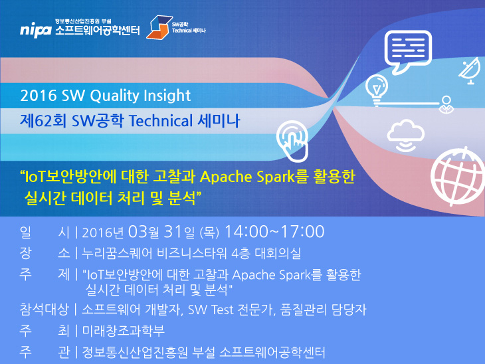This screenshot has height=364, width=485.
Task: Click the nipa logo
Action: pyautogui.click(x=36, y=30)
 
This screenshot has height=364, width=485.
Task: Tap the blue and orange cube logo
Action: pyautogui.click(x=159, y=27)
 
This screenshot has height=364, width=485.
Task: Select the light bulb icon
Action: pyautogui.click(x=377, y=90)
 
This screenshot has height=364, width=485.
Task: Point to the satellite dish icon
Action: pyautogui.click(x=470, y=72)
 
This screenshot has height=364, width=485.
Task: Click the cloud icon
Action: pyautogui.click(x=405, y=136)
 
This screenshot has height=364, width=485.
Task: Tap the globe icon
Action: pyautogui.click(x=458, y=177)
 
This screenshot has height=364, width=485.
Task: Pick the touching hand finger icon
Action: pyautogui.click(x=292, y=141)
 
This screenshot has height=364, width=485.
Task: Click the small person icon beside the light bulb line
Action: pyautogui.click(x=446, y=105)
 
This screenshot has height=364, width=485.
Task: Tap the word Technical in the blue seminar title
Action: pyautogui.click(x=161, y=120)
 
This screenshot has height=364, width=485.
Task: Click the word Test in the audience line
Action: pyautogui.click(x=222, y=310)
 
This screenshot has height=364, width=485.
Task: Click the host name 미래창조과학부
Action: pyautogui.click(x=123, y=331)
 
